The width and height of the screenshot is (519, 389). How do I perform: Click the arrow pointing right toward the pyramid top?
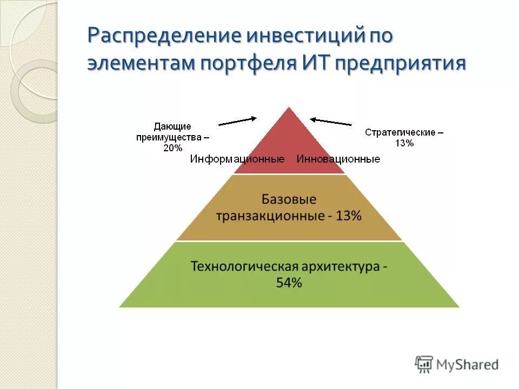click(x=237, y=121)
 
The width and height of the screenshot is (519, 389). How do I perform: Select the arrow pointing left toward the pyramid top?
click(x=331, y=122)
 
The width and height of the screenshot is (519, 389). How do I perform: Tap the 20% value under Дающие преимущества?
click(x=172, y=148)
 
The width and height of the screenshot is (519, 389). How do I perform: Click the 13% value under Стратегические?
click(x=404, y=143)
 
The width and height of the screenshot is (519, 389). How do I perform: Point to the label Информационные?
click(x=237, y=159)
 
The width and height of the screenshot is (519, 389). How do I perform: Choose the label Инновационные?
click(x=338, y=159)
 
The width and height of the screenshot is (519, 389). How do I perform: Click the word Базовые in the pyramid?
click(x=289, y=199)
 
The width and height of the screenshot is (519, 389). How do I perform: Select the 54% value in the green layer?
click(x=289, y=283)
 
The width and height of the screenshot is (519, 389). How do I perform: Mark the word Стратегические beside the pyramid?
click(x=400, y=132)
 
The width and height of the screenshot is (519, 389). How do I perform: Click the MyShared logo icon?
click(x=424, y=364)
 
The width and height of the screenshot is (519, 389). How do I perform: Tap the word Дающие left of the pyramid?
click(x=172, y=126)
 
